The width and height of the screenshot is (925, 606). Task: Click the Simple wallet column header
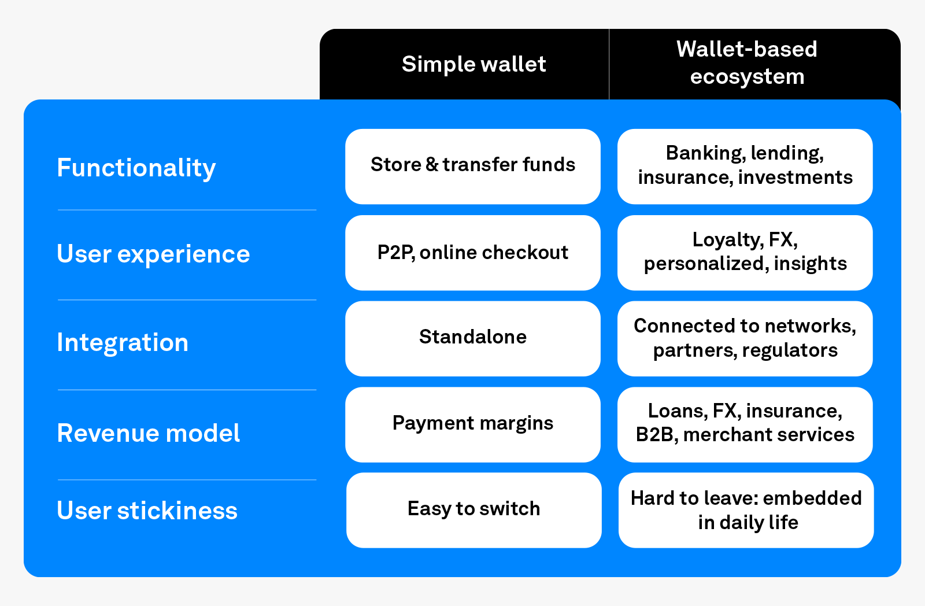pyautogui.click(x=473, y=64)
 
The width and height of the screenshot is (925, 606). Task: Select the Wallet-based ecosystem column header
pyautogui.click(x=746, y=63)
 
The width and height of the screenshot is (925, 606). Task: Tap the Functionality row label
pyautogui.click(x=136, y=168)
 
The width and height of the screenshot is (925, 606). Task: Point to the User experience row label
pyautogui.click(x=153, y=254)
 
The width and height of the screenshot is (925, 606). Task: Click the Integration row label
pyautogui.click(x=123, y=342)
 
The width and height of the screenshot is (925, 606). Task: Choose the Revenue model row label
pyautogui.click(x=148, y=433)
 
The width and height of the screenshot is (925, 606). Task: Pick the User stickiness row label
pyautogui.click(x=147, y=511)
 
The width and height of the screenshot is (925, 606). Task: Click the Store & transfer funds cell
pyautogui.click(x=473, y=166)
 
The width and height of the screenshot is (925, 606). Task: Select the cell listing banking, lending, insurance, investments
pyautogui.click(x=745, y=166)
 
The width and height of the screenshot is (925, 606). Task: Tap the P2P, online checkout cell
pyautogui.click(x=473, y=253)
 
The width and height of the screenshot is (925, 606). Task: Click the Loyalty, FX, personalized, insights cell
pyautogui.click(x=745, y=253)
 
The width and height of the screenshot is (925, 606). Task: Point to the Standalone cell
pyautogui.click(x=473, y=338)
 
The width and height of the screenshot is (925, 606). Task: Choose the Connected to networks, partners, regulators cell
pyautogui.click(x=745, y=338)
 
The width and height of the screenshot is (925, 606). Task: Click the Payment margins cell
pyautogui.click(x=473, y=424)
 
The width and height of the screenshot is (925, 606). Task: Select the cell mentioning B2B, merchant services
pyautogui.click(x=745, y=424)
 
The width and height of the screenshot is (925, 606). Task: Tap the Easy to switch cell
pyautogui.click(x=473, y=509)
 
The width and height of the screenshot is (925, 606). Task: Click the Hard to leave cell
pyautogui.click(x=746, y=509)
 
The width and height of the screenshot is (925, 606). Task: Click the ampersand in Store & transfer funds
pyautogui.click(x=432, y=165)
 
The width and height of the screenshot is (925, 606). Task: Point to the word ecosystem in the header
pyautogui.click(x=747, y=77)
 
